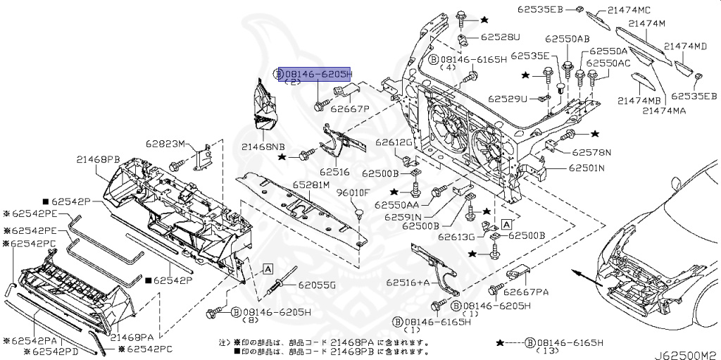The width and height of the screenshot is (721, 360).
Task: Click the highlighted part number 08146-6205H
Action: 318,74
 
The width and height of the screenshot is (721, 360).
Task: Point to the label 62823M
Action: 165,144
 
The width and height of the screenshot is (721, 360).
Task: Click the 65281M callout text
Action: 311,185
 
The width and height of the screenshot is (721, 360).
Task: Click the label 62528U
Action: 501,37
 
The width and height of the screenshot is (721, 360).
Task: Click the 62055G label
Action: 316,285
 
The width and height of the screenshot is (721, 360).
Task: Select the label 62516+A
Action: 408,282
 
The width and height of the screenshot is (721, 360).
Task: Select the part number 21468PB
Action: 98,160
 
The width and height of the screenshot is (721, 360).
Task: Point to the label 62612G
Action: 392,142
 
